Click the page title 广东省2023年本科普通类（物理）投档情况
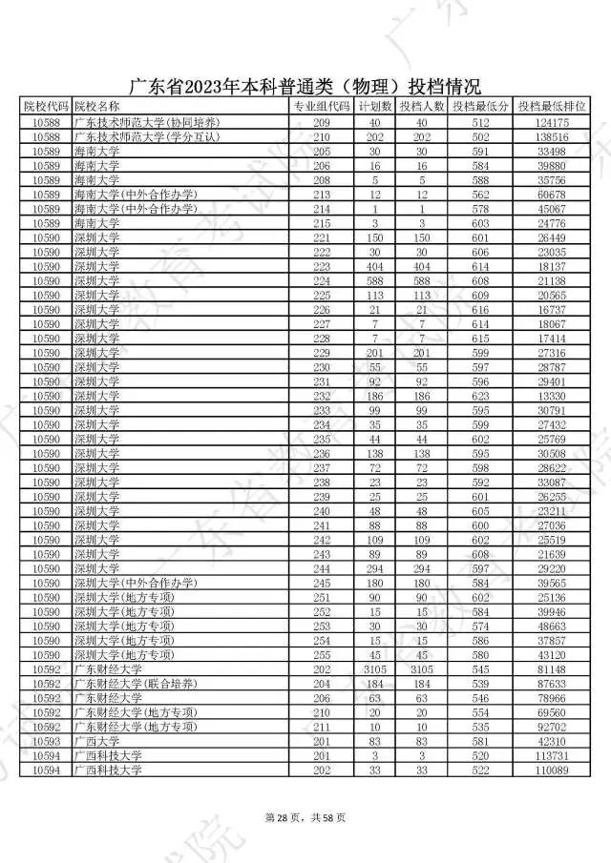click(305, 85)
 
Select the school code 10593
click(46, 740)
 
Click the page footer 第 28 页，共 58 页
click(305, 816)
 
